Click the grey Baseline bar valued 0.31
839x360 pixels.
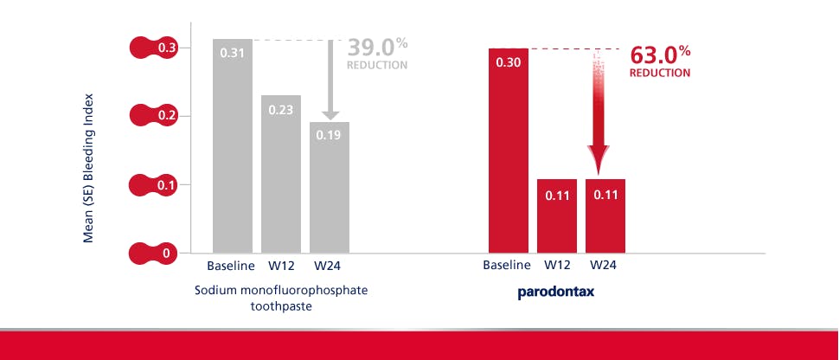pyautogui.click(x=233, y=145)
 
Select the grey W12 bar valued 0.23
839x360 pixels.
pyautogui.click(x=281, y=174)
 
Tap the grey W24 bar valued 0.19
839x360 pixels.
pyautogui.click(x=330, y=188)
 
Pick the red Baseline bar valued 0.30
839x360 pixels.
pyautogui.click(x=509, y=151)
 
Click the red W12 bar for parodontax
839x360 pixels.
pyautogui.click(x=557, y=215)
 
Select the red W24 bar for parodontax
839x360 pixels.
pyautogui.click(x=605, y=215)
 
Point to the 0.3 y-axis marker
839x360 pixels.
pyautogui.click(x=153, y=48)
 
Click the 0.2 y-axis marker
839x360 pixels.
pyautogui.click(x=153, y=116)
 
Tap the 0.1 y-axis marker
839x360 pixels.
pyautogui.click(x=153, y=185)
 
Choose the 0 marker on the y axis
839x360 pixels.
pyautogui.click(x=153, y=253)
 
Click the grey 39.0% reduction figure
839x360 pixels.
pyautogui.click(x=377, y=48)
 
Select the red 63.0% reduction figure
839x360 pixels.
pyautogui.click(x=660, y=55)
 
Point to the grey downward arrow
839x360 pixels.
pyautogui.click(x=330, y=80)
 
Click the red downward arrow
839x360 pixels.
pyautogui.click(x=599, y=112)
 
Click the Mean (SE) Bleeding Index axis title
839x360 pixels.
pyautogui.click(x=89, y=168)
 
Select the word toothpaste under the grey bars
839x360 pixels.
pyautogui.click(x=281, y=308)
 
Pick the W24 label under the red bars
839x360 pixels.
pyautogui.click(x=604, y=265)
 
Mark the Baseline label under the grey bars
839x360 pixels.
pyautogui.click(x=231, y=265)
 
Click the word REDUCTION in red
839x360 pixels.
pyautogui.click(x=660, y=73)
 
